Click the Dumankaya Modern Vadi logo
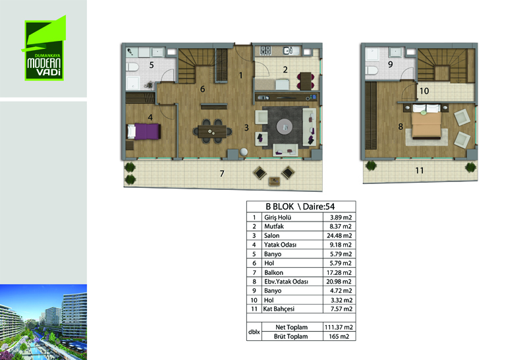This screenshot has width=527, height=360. pos(44,48)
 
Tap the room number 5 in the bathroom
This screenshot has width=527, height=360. pos(152,65)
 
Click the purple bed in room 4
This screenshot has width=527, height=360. pos(144,131)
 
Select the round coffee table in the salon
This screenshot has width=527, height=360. pos(285,127)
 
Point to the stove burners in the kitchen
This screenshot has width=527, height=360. pos(265,50)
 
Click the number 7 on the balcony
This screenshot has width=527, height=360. pos(222,173)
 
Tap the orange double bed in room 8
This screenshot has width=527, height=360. pos(426,124)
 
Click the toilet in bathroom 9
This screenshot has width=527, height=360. pos(370,71)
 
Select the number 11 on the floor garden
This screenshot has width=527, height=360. pos(419,171)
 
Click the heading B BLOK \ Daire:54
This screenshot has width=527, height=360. pos(300,206)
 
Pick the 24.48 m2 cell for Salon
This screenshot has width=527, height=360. pos(339,236)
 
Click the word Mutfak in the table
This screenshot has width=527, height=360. pos(274,226)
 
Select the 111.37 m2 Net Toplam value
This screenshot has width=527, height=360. pos(339,327)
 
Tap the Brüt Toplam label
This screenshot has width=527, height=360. pos(291,336)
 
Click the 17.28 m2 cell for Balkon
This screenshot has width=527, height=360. pos(339,272)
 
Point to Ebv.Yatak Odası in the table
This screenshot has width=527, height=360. pos(286,282)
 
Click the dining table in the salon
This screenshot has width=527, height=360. pos(212,131)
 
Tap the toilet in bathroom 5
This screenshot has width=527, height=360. pos(132,67)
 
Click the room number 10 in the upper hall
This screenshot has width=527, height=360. pos(424,91)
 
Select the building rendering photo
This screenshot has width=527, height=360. pos(43,322)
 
